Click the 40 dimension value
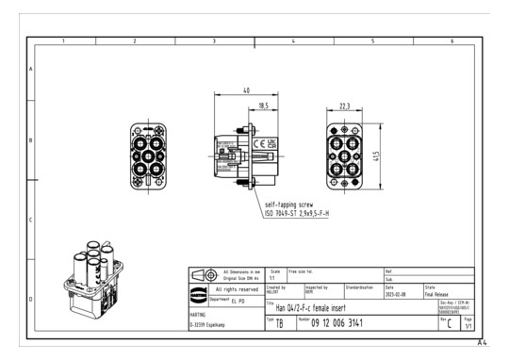[x=245, y=91]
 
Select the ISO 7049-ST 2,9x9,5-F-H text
[x=304, y=214]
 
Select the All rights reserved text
[x=231, y=289]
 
